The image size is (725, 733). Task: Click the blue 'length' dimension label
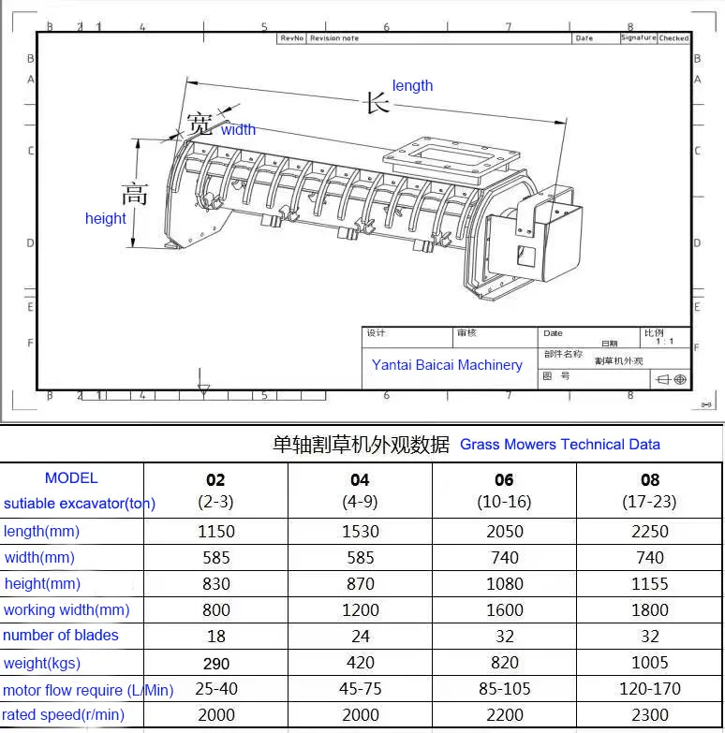pyautogui.click(x=412, y=86)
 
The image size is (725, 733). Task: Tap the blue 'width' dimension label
pyautogui.click(x=238, y=130)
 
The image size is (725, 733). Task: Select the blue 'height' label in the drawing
pyautogui.click(x=105, y=218)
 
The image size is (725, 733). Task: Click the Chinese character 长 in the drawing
pyautogui.click(x=377, y=102)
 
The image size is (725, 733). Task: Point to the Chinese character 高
pyautogui.click(x=135, y=194)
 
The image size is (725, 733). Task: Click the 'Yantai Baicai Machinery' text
pyautogui.click(x=447, y=365)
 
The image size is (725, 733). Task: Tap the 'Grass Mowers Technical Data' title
pyautogui.click(x=560, y=445)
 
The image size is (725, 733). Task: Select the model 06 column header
pyautogui.click(x=504, y=480)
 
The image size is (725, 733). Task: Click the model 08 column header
pyautogui.click(x=649, y=480)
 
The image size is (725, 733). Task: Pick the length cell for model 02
pyautogui.click(x=215, y=532)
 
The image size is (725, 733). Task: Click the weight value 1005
pyautogui.click(x=649, y=663)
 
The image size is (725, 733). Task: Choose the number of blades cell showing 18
pyautogui.click(x=215, y=636)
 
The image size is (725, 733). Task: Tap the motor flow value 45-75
pyautogui.click(x=360, y=689)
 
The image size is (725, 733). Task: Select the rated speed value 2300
pyautogui.click(x=649, y=714)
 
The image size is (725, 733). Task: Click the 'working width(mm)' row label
pyautogui.click(x=67, y=609)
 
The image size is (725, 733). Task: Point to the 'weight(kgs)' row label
pyautogui.click(x=42, y=663)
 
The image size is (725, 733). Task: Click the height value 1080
pyautogui.click(x=504, y=584)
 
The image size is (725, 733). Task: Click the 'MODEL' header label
pyautogui.click(x=71, y=477)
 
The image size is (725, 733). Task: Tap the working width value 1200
pyautogui.click(x=360, y=610)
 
